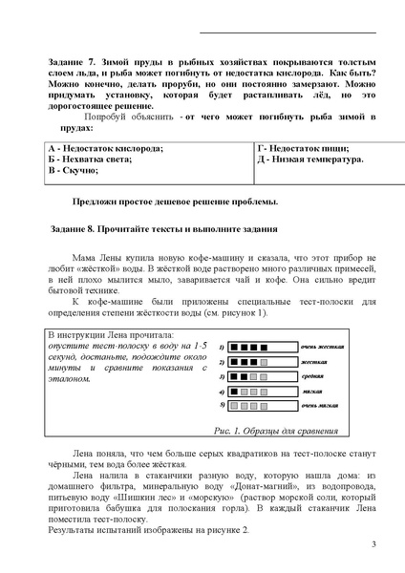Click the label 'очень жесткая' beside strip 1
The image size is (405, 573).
point(321,348)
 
